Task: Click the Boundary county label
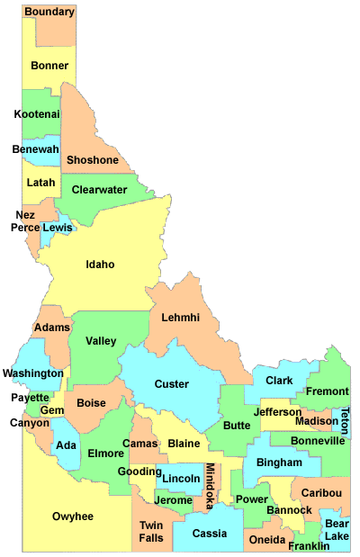point(49,12)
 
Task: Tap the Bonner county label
point(49,66)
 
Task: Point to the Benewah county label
point(36,149)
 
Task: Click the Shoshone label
point(93,160)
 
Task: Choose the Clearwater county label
point(99,190)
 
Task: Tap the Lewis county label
point(58,228)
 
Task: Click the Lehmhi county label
point(181,317)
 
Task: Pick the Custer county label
point(172,384)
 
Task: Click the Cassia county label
point(210,533)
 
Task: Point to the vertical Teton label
point(345,422)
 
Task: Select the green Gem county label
point(52,410)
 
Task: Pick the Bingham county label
point(279,463)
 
